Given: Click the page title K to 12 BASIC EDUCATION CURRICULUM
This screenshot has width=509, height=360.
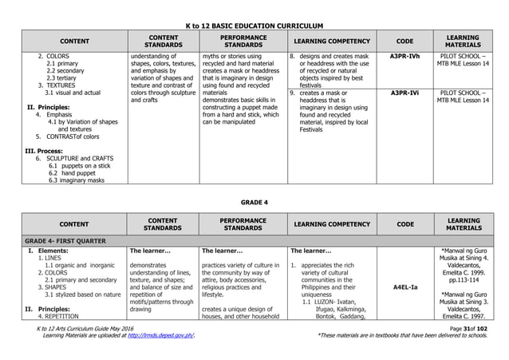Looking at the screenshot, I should pos(254,26).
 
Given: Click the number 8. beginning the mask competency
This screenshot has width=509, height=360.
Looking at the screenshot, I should pos(292,57).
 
